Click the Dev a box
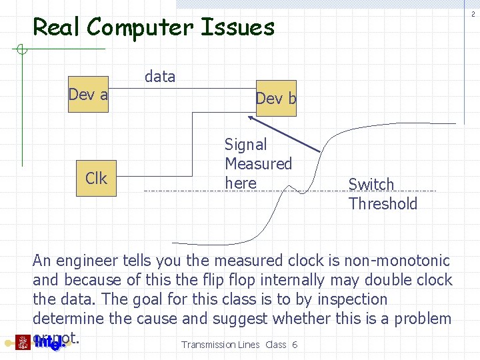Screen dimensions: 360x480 [88, 95]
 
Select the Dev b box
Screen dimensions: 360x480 [276, 99]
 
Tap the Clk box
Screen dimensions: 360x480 [96, 179]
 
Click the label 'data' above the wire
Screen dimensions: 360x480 [160, 77]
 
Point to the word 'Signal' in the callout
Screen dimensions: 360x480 [245, 145]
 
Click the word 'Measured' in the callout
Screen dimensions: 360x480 [259, 164]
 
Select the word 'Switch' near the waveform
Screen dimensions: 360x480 [371, 185]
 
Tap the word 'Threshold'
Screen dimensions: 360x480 [383, 204]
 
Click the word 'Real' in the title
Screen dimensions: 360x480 [57, 28]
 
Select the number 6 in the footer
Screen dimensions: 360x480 [294, 345]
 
